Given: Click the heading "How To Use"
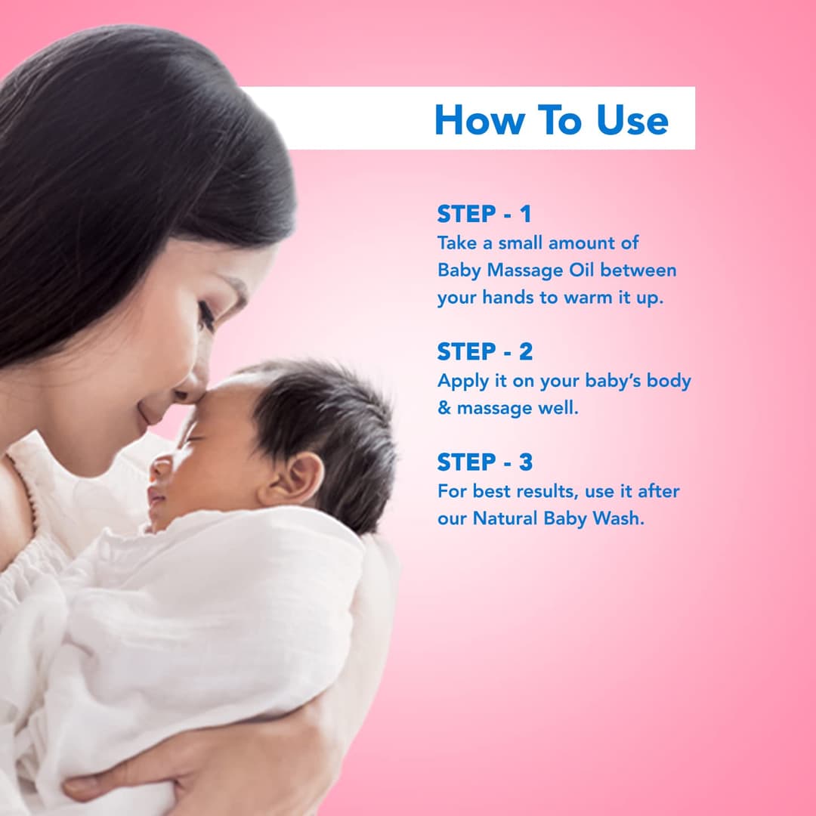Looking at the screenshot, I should pyautogui.click(x=552, y=120).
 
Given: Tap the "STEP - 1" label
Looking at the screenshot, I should pyautogui.click(x=484, y=215).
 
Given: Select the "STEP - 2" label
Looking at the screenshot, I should pyautogui.click(x=484, y=352).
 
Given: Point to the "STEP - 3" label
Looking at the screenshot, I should pyautogui.click(x=484, y=462).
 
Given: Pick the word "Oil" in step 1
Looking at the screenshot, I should pyautogui.click(x=581, y=270).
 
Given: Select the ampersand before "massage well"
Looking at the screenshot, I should pyautogui.click(x=444, y=408).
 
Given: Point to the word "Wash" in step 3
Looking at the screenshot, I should pyautogui.click(x=623, y=519).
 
